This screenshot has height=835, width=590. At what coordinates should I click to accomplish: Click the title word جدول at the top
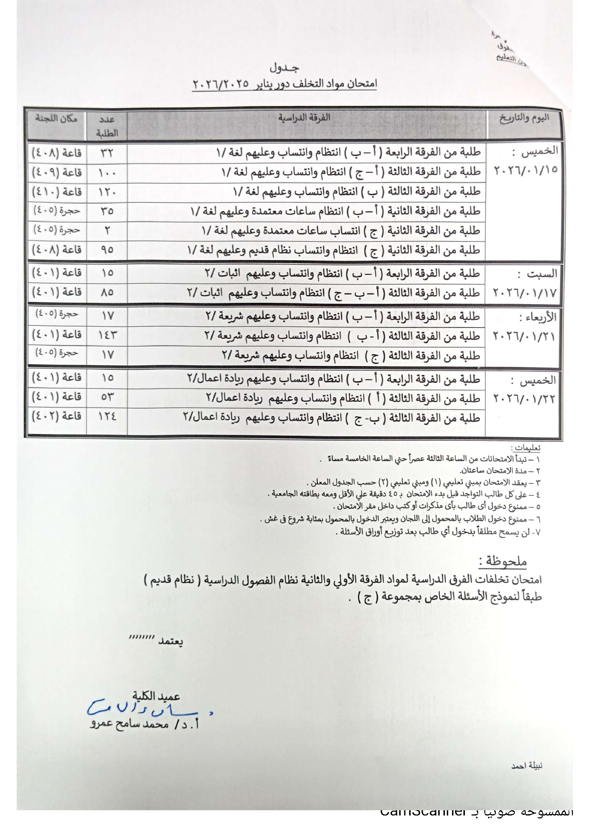284,68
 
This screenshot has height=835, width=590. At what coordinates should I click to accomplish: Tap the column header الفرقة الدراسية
305,118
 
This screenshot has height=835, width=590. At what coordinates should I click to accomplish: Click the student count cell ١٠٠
107,172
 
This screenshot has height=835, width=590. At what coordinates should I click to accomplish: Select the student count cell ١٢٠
107,192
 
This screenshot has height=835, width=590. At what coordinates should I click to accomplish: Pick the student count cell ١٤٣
107,336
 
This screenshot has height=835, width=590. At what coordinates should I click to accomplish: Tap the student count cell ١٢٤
107,417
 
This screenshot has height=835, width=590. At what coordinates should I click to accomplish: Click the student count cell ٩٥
107,249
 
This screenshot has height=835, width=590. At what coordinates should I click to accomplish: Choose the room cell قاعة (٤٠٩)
57,172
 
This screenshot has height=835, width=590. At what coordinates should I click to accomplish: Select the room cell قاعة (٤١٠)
57,191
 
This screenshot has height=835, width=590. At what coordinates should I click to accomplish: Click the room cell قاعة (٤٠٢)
57,416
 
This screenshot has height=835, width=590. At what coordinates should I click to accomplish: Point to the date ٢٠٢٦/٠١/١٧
524,292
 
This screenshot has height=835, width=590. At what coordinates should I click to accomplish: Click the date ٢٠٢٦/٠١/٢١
524,336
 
